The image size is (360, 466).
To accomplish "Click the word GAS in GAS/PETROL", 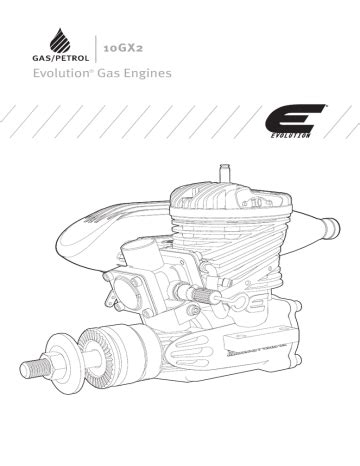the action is click(x=40, y=58).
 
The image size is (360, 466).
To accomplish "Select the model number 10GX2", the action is click(x=123, y=48).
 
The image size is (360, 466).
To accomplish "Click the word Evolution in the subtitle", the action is click(x=61, y=73).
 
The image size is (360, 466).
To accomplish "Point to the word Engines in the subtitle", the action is click(x=148, y=73).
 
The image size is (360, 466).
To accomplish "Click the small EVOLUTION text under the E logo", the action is click(x=290, y=135).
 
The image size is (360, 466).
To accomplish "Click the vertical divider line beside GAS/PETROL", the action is click(x=96, y=49).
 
